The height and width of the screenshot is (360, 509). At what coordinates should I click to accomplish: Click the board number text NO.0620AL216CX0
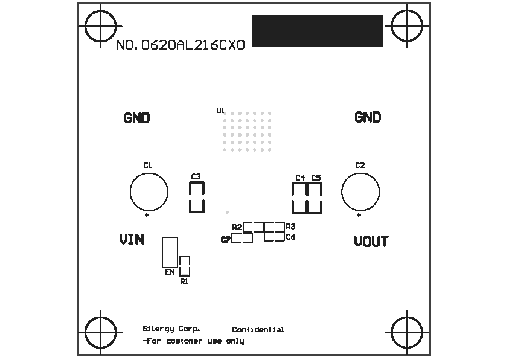[x=181, y=45]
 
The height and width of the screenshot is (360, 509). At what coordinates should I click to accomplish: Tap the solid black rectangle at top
[x=318, y=31]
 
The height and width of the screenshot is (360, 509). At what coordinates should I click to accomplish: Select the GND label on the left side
[x=136, y=118]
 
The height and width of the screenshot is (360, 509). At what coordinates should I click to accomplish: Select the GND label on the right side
[x=368, y=117]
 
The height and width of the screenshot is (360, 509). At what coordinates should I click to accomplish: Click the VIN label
[x=132, y=240]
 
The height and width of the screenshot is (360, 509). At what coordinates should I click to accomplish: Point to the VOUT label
[x=371, y=242]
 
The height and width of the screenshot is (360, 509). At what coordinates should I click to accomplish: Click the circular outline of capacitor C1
[x=149, y=191]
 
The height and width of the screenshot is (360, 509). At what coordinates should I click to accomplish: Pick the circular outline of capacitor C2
[x=360, y=191]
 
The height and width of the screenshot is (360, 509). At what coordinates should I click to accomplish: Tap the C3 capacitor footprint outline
[x=197, y=198]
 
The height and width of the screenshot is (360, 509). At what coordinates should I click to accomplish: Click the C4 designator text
[x=300, y=178]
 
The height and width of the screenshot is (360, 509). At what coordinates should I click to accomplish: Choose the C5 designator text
[x=316, y=178]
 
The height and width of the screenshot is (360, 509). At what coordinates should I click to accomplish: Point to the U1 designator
[x=220, y=110]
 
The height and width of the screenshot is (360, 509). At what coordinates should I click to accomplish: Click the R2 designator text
[x=237, y=227]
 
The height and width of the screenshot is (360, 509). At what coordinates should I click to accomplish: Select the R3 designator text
[x=290, y=226]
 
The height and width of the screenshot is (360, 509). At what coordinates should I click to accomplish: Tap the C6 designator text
[x=290, y=237]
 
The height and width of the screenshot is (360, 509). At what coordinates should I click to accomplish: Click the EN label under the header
[x=170, y=272]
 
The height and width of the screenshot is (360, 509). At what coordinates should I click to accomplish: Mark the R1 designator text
[x=184, y=281]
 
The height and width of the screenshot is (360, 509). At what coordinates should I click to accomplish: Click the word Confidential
[x=258, y=330]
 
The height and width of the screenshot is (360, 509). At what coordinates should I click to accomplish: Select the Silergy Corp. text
[x=171, y=329]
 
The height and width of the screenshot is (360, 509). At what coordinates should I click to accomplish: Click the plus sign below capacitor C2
[x=359, y=214]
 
